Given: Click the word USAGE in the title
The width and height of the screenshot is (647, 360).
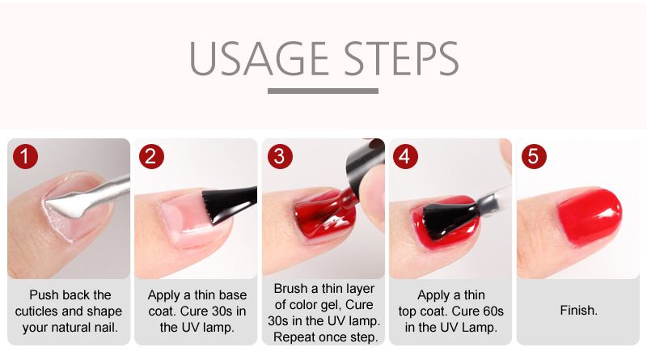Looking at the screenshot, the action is point(259,58).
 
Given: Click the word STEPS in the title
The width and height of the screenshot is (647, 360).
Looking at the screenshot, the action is point(401,58).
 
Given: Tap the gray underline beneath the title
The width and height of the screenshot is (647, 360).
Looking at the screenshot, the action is point(323,91).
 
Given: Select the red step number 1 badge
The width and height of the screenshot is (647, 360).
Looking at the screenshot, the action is point(25,156).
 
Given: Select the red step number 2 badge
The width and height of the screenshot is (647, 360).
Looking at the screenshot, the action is point(151,156).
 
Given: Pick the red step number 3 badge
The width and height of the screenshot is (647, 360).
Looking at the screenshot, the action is point(279,156).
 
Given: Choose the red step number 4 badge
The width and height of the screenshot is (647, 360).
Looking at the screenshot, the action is point(405,156).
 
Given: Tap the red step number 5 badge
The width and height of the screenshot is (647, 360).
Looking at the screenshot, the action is point(534,156).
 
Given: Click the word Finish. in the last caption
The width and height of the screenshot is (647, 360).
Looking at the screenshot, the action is point(578,311).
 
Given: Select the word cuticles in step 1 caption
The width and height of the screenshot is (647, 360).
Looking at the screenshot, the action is point(36,311).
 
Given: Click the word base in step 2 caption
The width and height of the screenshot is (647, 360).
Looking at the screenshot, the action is point(232,294).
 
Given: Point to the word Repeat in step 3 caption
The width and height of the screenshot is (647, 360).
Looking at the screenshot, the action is point(294,337).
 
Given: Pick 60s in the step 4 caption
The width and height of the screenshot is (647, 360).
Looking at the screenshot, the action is point(489,311).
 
